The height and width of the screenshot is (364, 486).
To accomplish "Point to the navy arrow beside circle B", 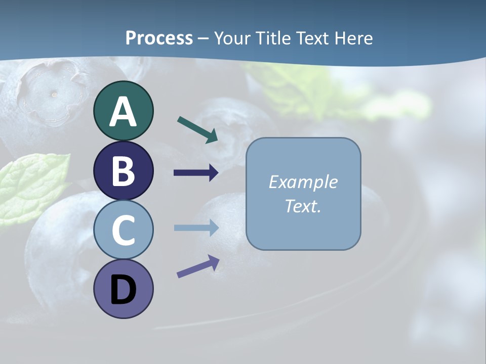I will click(196, 173).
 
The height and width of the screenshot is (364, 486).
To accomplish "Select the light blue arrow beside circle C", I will click(196, 228).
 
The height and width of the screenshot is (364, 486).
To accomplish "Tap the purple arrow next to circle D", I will click(198, 266).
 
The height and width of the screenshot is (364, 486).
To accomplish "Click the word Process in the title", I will click(159, 38).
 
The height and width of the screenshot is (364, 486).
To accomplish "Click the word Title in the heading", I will click(273, 38).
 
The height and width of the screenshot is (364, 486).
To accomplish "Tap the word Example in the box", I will click(303, 182).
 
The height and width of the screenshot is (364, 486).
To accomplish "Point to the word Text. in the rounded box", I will click(303, 206).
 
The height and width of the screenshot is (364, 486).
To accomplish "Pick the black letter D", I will click(123, 290).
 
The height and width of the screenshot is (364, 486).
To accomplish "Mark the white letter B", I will click(123, 171).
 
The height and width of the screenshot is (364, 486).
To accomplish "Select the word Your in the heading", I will click(233, 38).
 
